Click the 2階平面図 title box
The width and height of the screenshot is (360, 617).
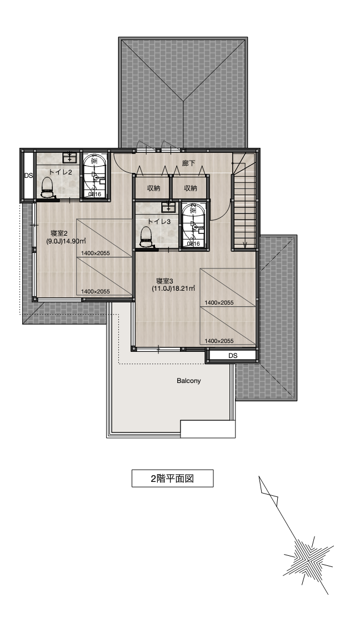click(172, 479)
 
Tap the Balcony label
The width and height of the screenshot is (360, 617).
click(188, 381)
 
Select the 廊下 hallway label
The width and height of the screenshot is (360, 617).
click(188, 163)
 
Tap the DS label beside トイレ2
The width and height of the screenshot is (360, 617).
click(28, 176)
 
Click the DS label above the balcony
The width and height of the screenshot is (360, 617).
click(233, 356)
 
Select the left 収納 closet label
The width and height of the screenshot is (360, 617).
click(153, 188)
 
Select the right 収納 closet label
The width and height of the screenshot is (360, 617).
click(191, 188)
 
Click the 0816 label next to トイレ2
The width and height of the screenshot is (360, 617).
click(95, 194)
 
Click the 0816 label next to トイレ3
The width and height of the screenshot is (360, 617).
click(193, 243)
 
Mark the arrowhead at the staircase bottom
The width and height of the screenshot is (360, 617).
click(244, 245)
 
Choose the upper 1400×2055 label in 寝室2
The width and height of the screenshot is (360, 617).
click(96, 253)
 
